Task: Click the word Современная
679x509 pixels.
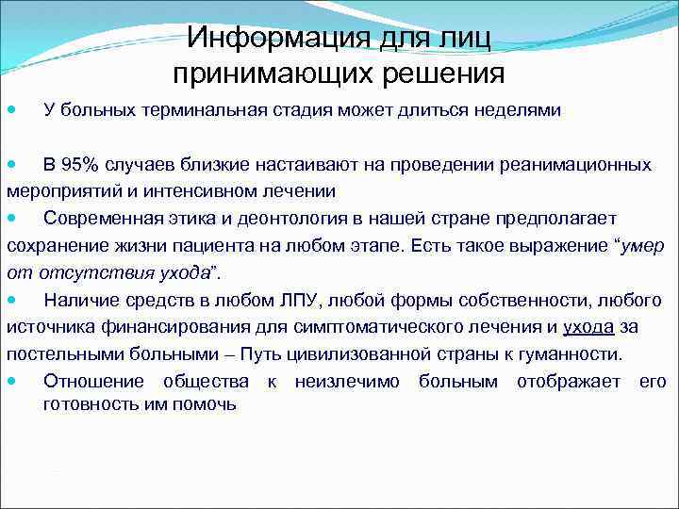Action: (x=97, y=220)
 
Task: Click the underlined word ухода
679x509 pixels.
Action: (x=588, y=328)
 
